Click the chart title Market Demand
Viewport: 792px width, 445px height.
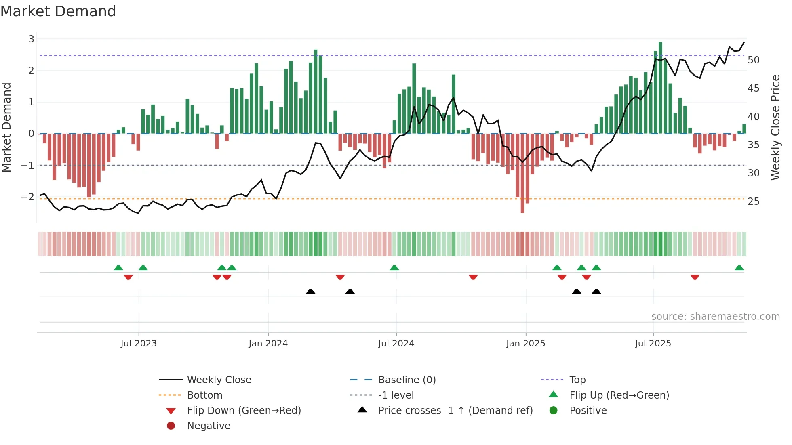coord(58,11)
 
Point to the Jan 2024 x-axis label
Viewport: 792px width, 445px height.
coord(268,344)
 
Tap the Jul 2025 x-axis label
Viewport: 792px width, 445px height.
coord(653,344)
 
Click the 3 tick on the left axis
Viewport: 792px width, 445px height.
coord(31,39)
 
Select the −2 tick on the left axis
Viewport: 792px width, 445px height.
coord(28,197)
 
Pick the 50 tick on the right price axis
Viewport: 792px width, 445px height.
coord(753,60)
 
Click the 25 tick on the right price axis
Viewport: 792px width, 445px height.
coord(753,201)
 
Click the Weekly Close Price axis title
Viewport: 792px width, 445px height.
coord(775,127)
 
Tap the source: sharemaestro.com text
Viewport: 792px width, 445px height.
coord(715,317)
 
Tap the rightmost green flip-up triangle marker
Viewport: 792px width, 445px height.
coord(739,268)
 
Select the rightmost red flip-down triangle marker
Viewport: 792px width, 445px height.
coord(695,277)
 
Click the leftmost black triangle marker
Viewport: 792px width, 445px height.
coord(310,291)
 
